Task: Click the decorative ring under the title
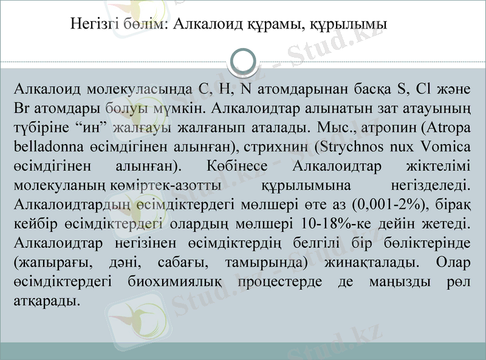(x=243, y=61)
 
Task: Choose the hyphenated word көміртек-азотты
(x=160, y=185)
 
